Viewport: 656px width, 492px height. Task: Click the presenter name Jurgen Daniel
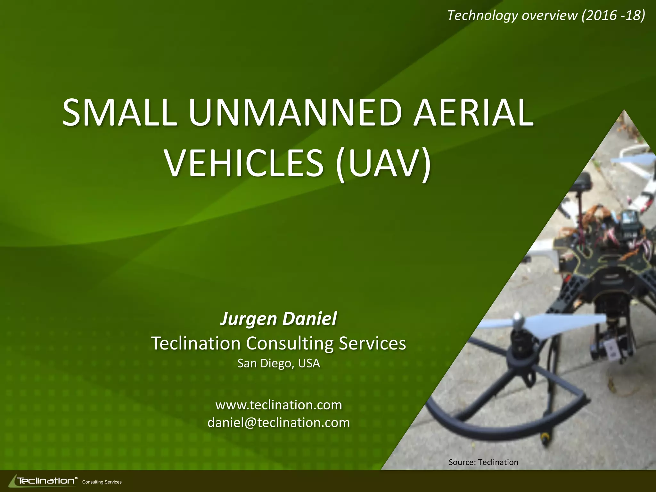pos(278,319)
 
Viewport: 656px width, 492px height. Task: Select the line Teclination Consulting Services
pos(278,343)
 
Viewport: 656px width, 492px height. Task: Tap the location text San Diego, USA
pos(278,363)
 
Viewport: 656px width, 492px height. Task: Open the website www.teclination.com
pos(278,405)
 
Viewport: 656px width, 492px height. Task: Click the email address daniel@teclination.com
pos(278,422)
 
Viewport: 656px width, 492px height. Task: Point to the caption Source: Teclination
pos(483,462)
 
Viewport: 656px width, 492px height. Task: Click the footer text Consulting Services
pos(102,482)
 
